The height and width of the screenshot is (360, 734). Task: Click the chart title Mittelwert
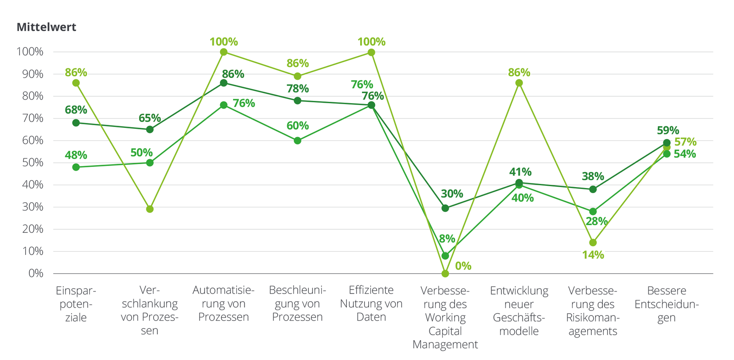[x=46, y=28]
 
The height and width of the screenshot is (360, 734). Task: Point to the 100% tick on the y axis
[x=30, y=52]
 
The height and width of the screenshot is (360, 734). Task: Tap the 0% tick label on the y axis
[x=36, y=273]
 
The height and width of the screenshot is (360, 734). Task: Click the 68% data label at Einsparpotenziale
[x=76, y=110]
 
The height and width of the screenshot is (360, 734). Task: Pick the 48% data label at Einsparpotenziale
[x=76, y=155]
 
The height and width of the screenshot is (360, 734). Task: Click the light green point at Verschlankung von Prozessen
[x=150, y=209]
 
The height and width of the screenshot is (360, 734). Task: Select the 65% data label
[x=150, y=118]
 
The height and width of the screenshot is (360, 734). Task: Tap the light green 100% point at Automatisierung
[x=223, y=52]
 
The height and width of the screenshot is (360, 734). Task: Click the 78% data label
[x=298, y=89]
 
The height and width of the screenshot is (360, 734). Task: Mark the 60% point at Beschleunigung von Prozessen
[x=297, y=141]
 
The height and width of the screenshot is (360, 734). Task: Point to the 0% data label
[x=463, y=266]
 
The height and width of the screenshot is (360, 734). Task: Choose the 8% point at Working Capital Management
[x=445, y=256]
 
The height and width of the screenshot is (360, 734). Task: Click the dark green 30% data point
[x=445, y=208]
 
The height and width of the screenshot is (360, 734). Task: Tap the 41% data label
[x=520, y=172]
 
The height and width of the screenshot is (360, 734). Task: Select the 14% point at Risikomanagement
[x=593, y=243]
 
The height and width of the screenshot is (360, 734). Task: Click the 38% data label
[x=593, y=177]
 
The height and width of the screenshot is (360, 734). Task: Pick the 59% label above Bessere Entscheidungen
[x=667, y=131]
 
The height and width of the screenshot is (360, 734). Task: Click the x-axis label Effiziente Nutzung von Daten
[x=371, y=304]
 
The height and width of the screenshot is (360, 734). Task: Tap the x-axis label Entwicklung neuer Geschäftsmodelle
[x=519, y=310]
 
